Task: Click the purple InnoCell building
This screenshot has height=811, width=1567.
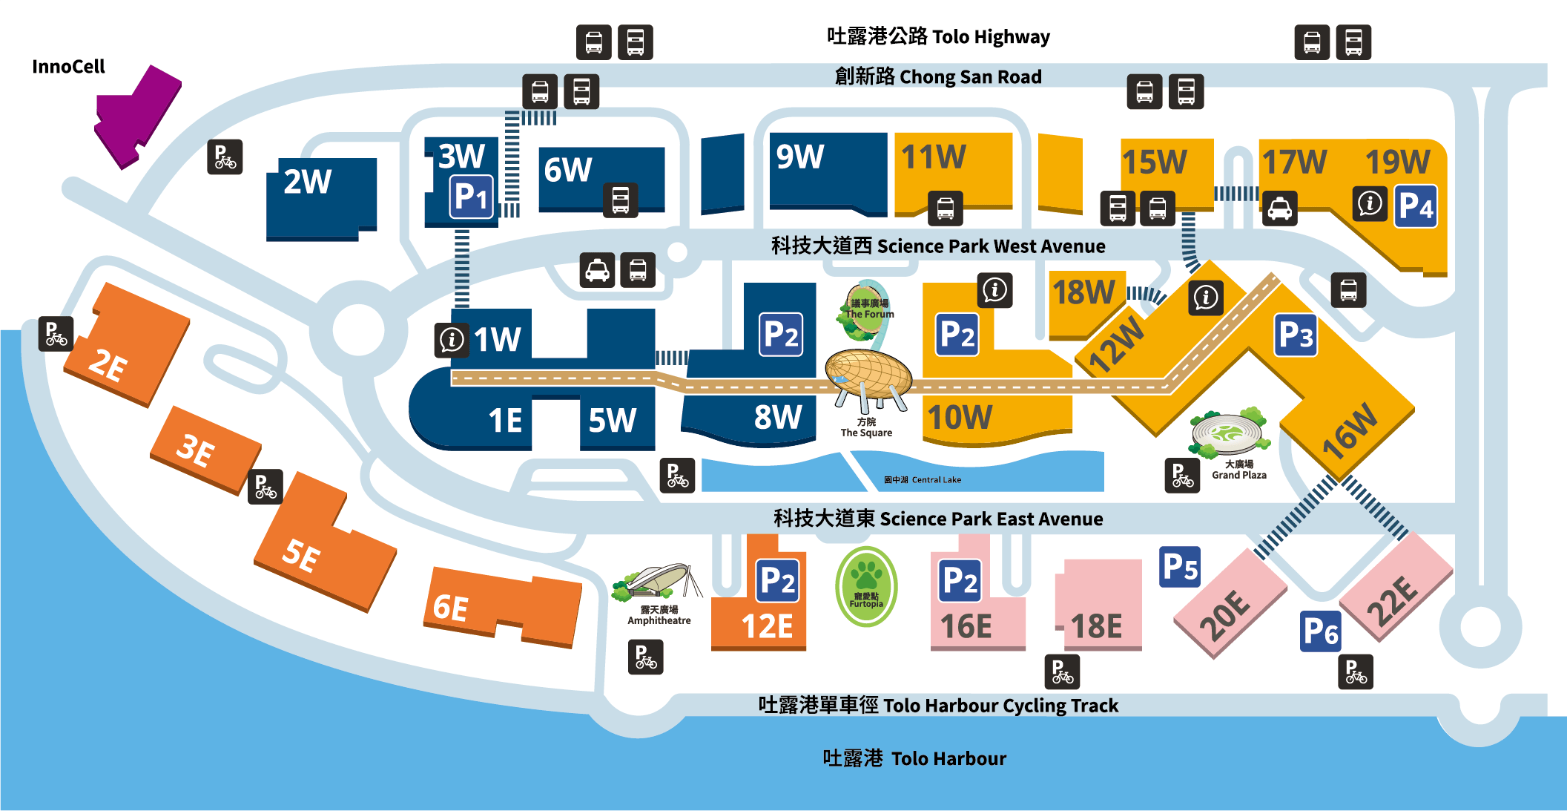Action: pyautogui.click(x=138, y=115)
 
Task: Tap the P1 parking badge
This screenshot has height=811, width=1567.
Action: pyautogui.click(x=472, y=197)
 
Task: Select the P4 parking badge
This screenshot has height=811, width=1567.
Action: pyautogui.click(x=1416, y=206)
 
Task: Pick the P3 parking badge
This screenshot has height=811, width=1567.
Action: pyautogui.click(x=1296, y=335)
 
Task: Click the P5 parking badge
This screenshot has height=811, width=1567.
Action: pyautogui.click(x=1179, y=568)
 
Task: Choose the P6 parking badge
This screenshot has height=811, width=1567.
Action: pyautogui.click(x=1320, y=631)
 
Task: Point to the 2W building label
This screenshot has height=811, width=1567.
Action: pyautogui.click(x=307, y=182)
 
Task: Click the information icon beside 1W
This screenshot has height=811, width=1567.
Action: pyautogui.click(x=452, y=341)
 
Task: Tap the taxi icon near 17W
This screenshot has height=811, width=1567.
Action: pyautogui.click(x=1279, y=209)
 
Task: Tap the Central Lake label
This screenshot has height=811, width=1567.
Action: pyautogui.click(x=923, y=480)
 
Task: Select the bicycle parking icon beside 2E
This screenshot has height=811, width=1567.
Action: pyautogui.click(x=56, y=334)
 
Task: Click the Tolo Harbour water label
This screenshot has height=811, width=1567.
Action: pyautogui.click(x=914, y=758)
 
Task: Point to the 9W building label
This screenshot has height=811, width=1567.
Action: pyautogui.click(x=799, y=157)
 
